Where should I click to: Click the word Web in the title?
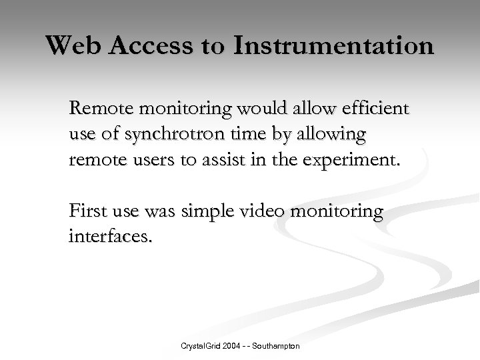pos(71,46)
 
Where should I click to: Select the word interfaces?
pos(110,237)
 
